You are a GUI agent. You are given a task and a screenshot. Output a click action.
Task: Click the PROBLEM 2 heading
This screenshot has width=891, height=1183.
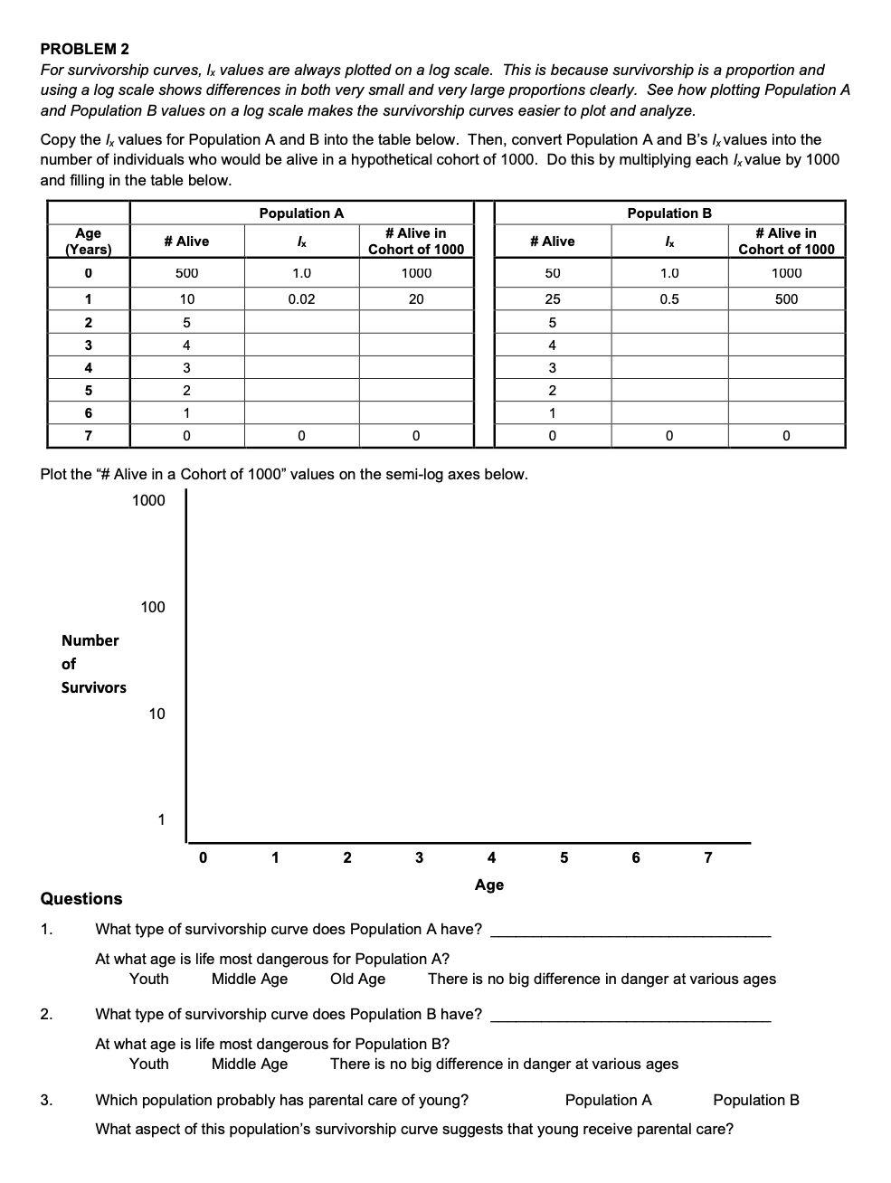[x=85, y=48]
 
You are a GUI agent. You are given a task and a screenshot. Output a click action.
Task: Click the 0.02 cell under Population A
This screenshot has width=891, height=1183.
[x=301, y=298]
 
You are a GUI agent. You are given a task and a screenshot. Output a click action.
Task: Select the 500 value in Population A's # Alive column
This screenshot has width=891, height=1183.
[x=186, y=272]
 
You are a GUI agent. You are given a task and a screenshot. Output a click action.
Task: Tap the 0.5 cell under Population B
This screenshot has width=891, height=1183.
[x=668, y=298]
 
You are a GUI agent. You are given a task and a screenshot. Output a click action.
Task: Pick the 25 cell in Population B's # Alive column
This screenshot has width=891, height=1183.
[x=552, y=298]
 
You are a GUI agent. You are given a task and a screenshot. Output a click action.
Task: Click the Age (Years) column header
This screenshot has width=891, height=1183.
[x=88, y=241]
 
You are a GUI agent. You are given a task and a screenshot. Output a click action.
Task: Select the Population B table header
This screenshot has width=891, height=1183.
[x=668, y=213]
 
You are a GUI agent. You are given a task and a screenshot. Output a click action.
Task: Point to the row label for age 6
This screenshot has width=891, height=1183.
[x=88, y=412]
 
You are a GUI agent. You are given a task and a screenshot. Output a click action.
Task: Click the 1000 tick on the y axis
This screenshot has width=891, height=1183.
[x=148, y=500]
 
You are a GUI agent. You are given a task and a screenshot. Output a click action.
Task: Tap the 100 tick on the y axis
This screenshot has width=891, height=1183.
[x=153, y=607]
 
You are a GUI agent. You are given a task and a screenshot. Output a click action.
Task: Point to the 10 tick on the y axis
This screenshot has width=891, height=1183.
[x=156, y=714]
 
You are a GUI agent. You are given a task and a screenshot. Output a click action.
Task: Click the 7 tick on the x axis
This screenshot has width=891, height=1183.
[x=708, y=857]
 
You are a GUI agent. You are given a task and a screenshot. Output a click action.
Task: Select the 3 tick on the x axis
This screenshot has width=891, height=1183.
[x=419, y=857]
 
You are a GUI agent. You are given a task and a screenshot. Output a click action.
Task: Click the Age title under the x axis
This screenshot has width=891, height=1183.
[x=488, y=885]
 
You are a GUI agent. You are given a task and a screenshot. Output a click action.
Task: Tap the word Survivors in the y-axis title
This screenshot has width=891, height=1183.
[x=94, y=687]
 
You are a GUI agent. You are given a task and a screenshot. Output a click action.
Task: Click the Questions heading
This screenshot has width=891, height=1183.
[x=81, y=898]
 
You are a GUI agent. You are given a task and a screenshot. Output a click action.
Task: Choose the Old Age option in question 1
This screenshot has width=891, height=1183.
[x=357, y=979]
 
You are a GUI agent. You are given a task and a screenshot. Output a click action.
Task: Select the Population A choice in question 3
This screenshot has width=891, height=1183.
[x=608, y=1100]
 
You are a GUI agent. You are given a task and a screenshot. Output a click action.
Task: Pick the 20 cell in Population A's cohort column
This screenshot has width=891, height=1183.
[x=416, y=298]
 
